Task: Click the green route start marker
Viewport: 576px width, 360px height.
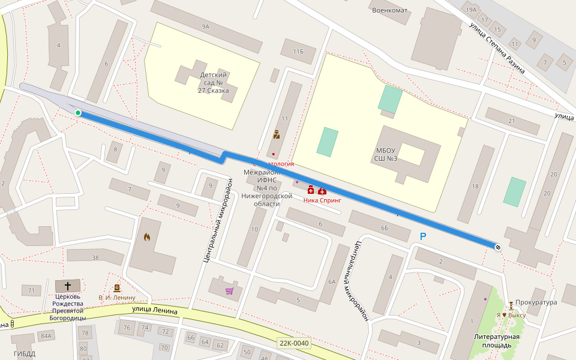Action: pyautogui.click(x=78, y=113)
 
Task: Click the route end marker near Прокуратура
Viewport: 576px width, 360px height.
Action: pyautogui.click(x=498, y=247)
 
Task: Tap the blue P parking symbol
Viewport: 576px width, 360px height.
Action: pyautogui.click(x=423, y=237)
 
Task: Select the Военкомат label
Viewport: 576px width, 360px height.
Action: pyautogui.click(x=389, y=10)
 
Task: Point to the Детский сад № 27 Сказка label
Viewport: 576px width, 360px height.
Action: pyautogui.click(x=213, y=83)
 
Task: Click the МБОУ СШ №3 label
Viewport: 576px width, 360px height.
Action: pyautogui.click(x=386, y=154)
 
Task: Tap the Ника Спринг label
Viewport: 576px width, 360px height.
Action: pyautogui.click(x=322, y=200)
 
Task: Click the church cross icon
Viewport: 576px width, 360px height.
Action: pyautogui.click(x=68, y=286)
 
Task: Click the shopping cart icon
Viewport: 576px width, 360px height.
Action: pyautogui.click(x=229, y=291)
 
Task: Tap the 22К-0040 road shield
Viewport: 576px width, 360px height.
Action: pyautogui.click(x=294, y=344)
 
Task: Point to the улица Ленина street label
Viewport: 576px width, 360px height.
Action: pyautogui.click(x=155, y=310)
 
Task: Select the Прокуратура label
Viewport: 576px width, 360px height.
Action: pyautogui.click(x=536, y=302)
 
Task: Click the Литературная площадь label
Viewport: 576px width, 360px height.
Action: pyautogui.click(x=496, y=341)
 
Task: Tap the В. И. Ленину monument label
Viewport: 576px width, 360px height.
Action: pyautogui.click(x=117, y=298)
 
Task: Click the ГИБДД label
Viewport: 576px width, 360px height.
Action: pyautogui.click(x=25, y=353)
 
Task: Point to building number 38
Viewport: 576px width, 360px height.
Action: pyautogui.click(x=95, y=257)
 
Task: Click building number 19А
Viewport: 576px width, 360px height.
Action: pyautogui.click(x=471, y=10)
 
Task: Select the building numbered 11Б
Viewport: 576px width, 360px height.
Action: pyautogui.click(x=298, y=52)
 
